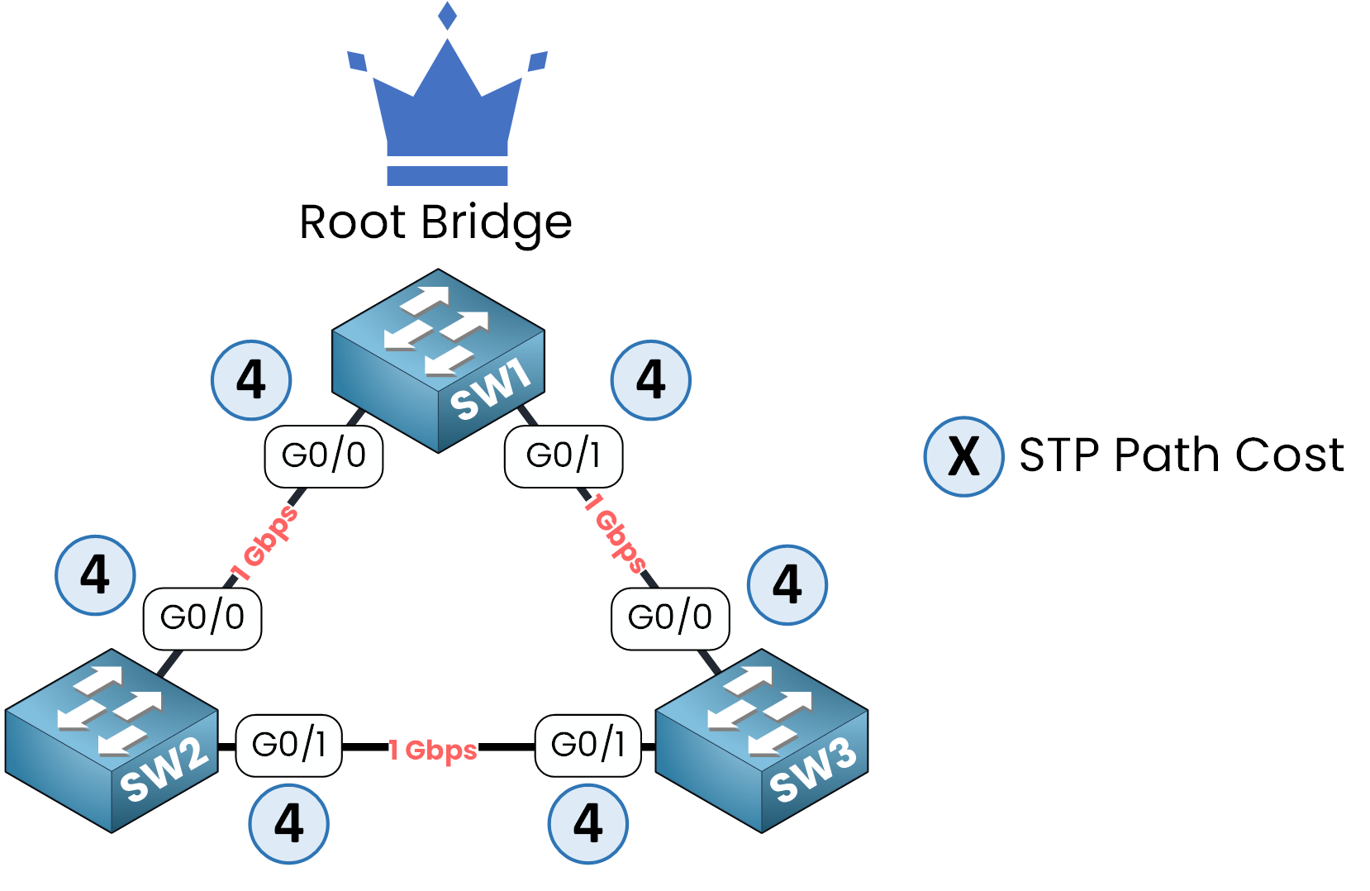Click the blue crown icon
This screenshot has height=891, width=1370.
click(447, 107)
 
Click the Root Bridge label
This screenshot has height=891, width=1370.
click(435, 222)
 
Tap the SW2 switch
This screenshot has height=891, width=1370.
click(112, 741)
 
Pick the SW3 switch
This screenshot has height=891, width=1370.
click(761, 741)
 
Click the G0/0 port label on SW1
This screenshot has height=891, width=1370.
click(324, 456)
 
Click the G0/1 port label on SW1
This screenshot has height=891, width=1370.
click(564, 456)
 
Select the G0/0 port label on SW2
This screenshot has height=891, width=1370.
click(202, 618)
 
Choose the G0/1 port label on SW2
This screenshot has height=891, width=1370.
click(289, 746)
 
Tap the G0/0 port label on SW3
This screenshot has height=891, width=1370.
click(670, 618)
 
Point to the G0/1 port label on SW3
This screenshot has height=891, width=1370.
click(588, 746)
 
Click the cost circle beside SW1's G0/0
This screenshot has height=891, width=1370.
click(251, 380)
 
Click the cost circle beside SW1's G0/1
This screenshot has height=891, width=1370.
click(651, 380)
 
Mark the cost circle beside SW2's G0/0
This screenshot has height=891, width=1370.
click(95, 575)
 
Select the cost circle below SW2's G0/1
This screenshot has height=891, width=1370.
click(289, 824)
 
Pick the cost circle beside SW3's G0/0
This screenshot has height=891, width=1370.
click(787, 585)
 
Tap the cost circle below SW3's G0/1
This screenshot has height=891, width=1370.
click(588, 824)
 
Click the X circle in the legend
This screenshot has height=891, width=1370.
click(963, 456)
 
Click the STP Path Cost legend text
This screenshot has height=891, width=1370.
click(1182, 455)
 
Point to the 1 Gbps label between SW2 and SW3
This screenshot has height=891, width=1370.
click(434, 750)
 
